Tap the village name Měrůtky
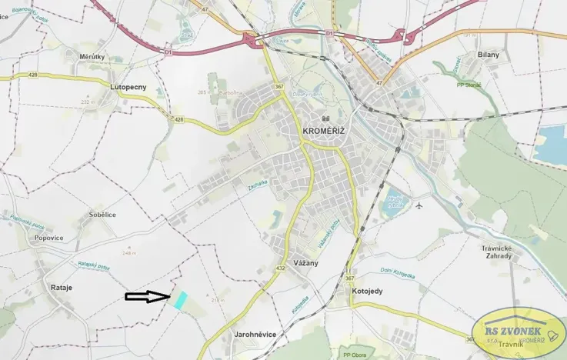click(92, 56)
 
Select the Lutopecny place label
click(128, 87)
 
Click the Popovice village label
click(48, 238)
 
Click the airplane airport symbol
click(419, 205)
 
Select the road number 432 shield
click(282, 268)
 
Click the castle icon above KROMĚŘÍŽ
click(326, 119)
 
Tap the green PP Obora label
click(355, 354)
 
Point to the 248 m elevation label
click(128, 252)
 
